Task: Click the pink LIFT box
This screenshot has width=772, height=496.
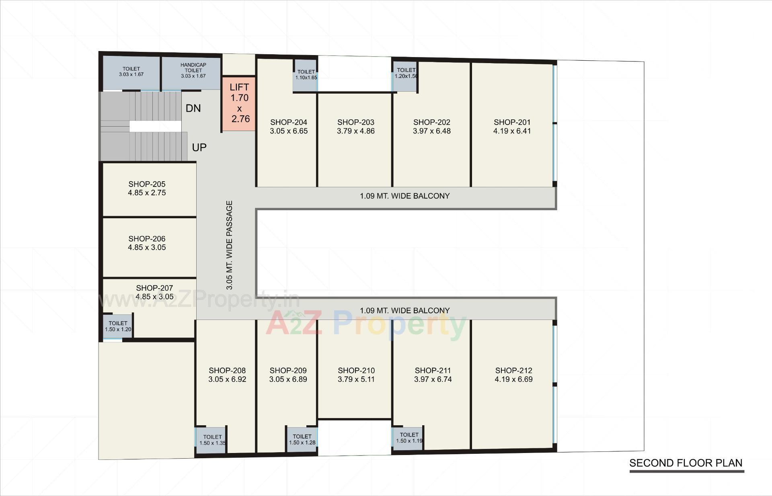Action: [239, 103]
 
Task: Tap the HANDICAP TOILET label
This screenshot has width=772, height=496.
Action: [193, 68]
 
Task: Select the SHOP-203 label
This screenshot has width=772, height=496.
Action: [355, 122]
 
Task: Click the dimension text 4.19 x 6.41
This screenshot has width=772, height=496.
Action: [512, 131]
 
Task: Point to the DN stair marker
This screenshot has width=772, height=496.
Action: [193, 108]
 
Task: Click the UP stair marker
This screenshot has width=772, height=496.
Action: [199, 148]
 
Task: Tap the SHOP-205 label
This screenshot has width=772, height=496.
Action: [147, 184]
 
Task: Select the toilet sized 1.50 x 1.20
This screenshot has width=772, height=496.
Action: [118, 326]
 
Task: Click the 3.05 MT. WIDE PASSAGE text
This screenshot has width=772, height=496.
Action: [230, 245]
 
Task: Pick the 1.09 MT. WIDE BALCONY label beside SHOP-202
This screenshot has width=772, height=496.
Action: [404, 196]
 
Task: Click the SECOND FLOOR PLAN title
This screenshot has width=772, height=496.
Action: [686, 463]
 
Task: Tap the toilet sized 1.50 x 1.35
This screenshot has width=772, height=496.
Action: [212, 440]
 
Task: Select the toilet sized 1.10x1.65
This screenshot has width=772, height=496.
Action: [306, 74]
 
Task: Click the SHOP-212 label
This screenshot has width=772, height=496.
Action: [513, 370]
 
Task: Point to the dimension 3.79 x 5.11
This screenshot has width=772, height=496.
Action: [356, 379]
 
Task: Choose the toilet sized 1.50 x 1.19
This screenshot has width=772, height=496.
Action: [409, 437]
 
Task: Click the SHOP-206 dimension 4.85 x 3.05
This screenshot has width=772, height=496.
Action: [147, 248]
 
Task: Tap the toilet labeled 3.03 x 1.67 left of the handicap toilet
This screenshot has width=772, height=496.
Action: [131, 72]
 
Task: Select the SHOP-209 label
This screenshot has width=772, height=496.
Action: [288, 370]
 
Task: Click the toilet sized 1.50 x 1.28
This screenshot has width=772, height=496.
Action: [302, 439]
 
